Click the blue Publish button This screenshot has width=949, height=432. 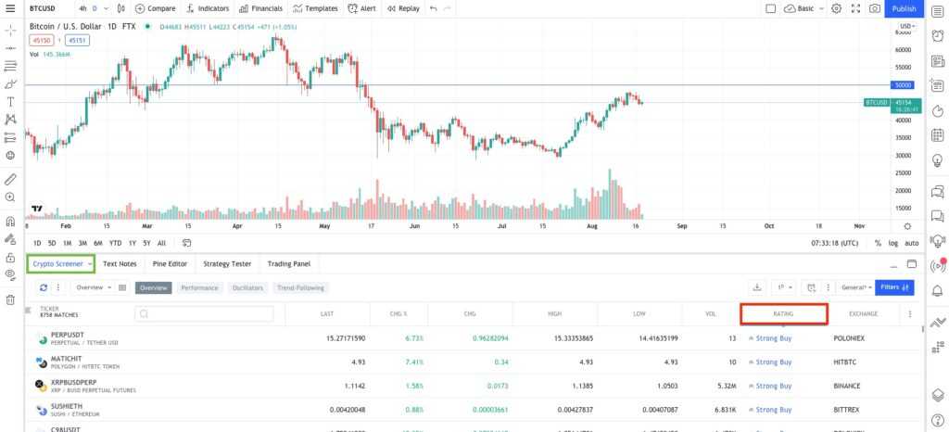[x=903, y=8]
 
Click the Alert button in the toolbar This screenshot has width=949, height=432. [x=361, y=8]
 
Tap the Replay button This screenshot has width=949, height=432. [x=403, y=8]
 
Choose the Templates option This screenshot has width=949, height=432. [x=315, y=8]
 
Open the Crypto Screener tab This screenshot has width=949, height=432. [x=61, y=264]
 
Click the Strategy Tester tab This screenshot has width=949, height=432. [x=227, y=264]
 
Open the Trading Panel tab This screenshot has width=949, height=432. [x=289, y=264]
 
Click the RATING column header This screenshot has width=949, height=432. [x=783, y=313]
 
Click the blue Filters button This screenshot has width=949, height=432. [x=894, y=287]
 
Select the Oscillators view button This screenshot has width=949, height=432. [x=247, y=287]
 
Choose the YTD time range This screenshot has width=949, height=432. [x=115, y=243]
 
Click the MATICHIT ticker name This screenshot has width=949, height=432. [x=67, y=358]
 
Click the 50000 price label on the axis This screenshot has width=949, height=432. [x=904, y=85]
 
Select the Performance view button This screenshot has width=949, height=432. [x=199, y=287]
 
